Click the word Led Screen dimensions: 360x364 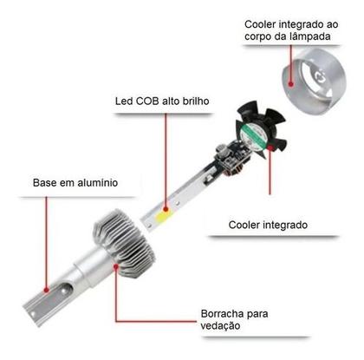pos(123,101)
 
